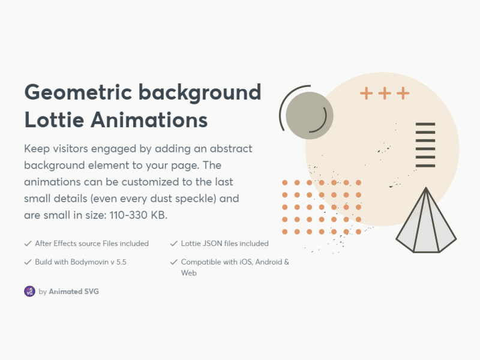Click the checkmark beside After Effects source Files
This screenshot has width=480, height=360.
pyautogui.click(x=28, y=244)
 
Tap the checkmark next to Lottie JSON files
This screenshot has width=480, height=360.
pyautogui.click(x=174, y=244)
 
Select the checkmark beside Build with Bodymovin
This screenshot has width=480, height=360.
pyautogui.click(x=28, y=262)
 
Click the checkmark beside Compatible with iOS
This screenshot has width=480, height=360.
pyautogui.click(x=174, y=262)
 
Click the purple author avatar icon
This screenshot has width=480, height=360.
pyautogui.click(x=29, y=291)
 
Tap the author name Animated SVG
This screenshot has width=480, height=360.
pyautogui.click(x=74, y=292)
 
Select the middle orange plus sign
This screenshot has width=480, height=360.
pyautogui.click(x=385, y=93)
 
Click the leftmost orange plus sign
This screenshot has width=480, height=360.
pyautogui.click(x=366, y=93)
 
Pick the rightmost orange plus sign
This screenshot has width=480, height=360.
pyautogui.click(x=403, y=93)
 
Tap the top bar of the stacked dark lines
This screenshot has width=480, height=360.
pyautogui.click(x=425, y=124)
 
